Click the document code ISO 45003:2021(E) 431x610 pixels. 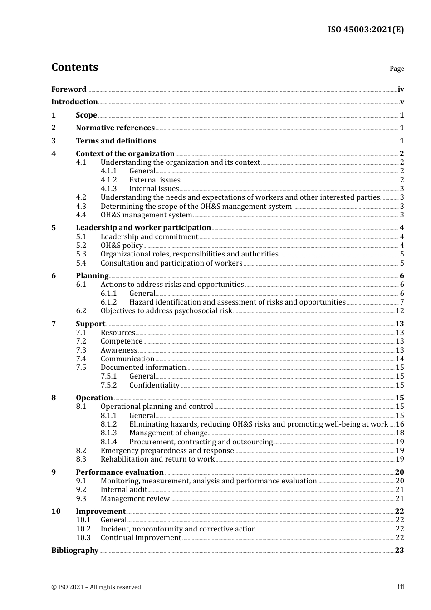(x=366, y=30)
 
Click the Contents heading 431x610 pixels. (x=74, y=67)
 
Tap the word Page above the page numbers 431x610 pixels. (x=397, y=69)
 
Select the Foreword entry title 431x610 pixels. (x=69, y=89)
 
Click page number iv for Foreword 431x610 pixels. (x=401, y=89)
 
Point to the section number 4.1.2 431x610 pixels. (x=108, y=180)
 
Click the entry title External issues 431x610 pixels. (x=155, y=180)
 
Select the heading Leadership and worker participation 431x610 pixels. (x=143, y=227)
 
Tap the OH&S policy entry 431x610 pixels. (x=122, y=245)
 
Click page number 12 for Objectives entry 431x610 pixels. (x=400, y=311)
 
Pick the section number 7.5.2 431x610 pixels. (x=108, y=385)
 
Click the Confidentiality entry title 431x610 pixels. (x=154, y=385)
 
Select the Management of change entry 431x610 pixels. (x=168, y=433)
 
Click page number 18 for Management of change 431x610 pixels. (x=400, y=433)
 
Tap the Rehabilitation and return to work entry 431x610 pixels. (x=157, y=459)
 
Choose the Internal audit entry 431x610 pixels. (x=124, y=489)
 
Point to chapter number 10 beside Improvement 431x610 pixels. (x=56, y=511)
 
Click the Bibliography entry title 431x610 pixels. (x=75, y=550)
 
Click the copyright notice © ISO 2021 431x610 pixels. (x=96, y=587)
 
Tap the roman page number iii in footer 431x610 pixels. (x=401, y=587)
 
